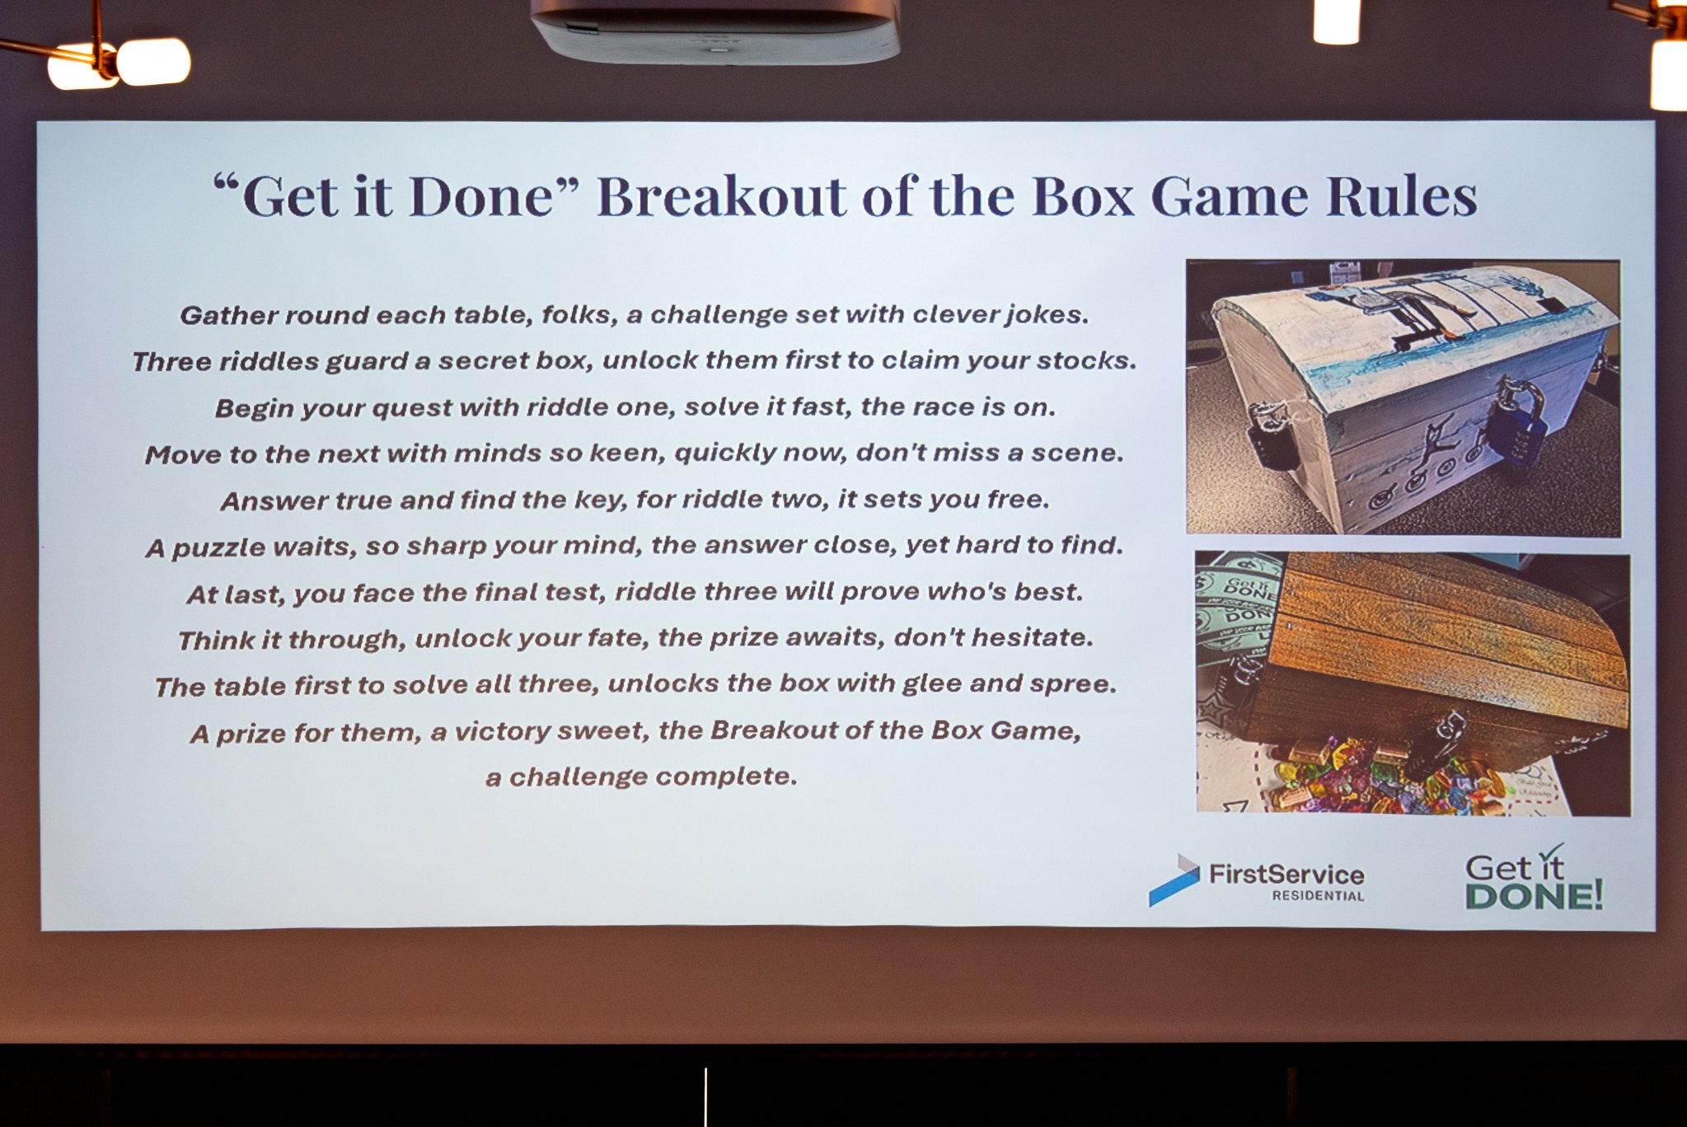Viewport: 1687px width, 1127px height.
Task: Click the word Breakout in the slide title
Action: point(720,197)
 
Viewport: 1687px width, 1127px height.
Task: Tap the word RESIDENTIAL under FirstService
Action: point(1318,896)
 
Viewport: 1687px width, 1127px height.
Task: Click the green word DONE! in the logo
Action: point(1534,896)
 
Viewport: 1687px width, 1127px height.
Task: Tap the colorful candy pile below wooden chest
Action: point(1385,779)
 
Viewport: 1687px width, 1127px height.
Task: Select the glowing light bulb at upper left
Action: point(153,62)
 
